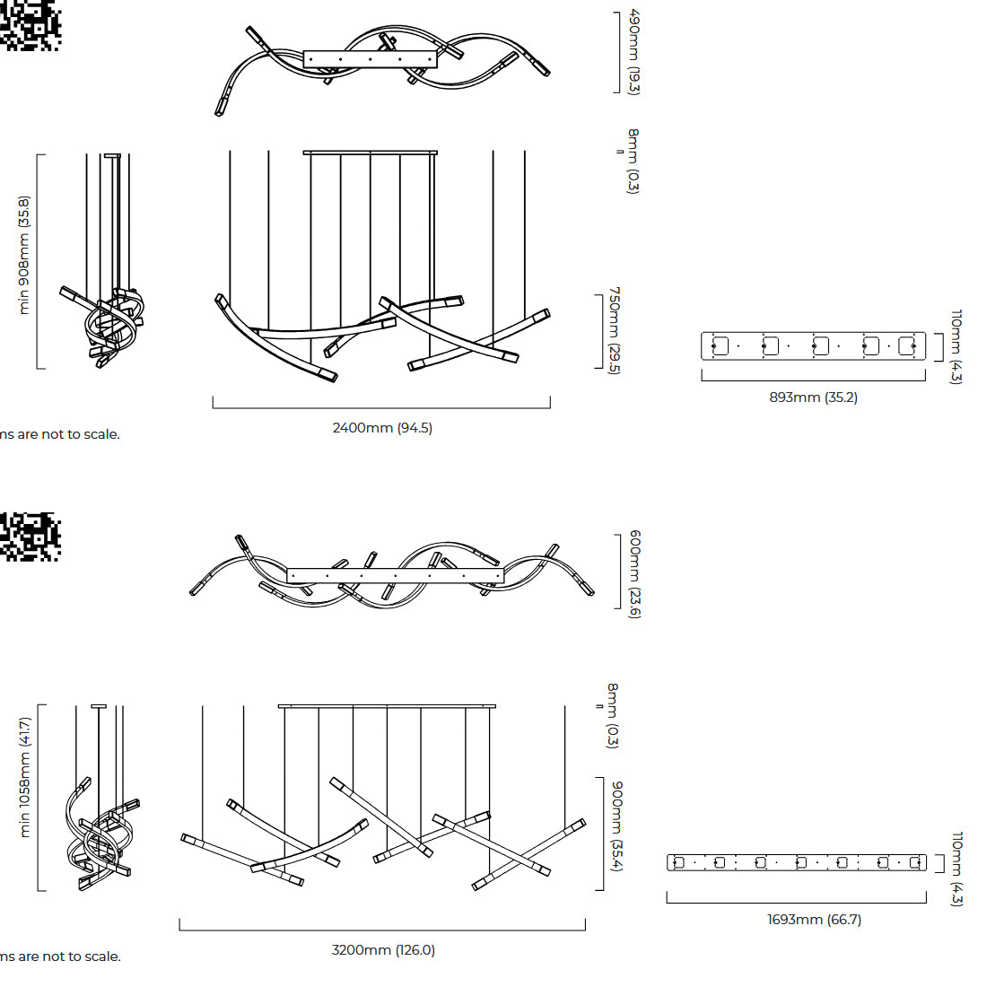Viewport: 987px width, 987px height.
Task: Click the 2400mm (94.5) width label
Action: coord(382,428)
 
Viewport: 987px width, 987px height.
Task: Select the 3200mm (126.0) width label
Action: coord(383,950)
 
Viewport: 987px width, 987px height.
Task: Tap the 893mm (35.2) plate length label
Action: coord(813,397)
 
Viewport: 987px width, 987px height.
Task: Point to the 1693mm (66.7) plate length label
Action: coord(814,920)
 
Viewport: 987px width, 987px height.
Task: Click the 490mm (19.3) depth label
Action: coord(633,52)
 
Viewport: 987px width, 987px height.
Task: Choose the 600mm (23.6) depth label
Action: coord(634,574)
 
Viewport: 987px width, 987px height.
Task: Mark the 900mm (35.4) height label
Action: coord(617,825)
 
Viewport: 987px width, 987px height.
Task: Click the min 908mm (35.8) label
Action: coord(24,255)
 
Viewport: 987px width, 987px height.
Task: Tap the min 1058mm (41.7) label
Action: coord(24,777)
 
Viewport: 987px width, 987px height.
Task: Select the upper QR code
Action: coord(31,25)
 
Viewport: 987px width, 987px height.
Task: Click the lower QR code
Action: coord(31,537)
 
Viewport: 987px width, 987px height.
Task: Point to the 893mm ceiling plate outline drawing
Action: coord(813,346)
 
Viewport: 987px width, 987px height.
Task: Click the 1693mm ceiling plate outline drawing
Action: coord(797,862)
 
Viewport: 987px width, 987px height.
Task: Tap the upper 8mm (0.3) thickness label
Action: coord(633,162)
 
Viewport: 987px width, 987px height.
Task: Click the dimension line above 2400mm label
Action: coord(381,408)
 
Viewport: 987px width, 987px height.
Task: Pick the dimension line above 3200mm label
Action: coord(382,930)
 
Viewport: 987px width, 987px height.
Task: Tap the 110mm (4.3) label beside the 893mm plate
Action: coord(956,346)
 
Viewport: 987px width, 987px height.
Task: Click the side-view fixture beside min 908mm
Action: coord(104,261)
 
